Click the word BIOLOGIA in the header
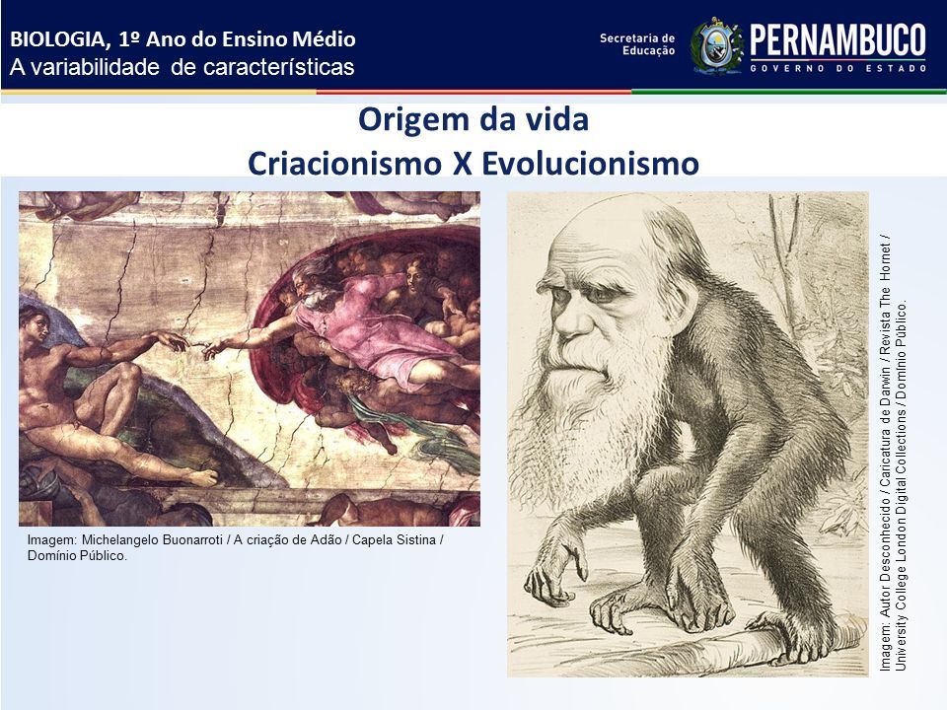click(57, 39)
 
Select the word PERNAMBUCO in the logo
click(838, 40)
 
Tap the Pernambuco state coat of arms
click(716, 45)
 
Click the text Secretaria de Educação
click(637, 44)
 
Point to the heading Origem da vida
click(473, 120)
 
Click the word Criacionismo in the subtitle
click(345, 163)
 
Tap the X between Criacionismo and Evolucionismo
click(462, 164)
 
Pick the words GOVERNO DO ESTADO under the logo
click(838, 69)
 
